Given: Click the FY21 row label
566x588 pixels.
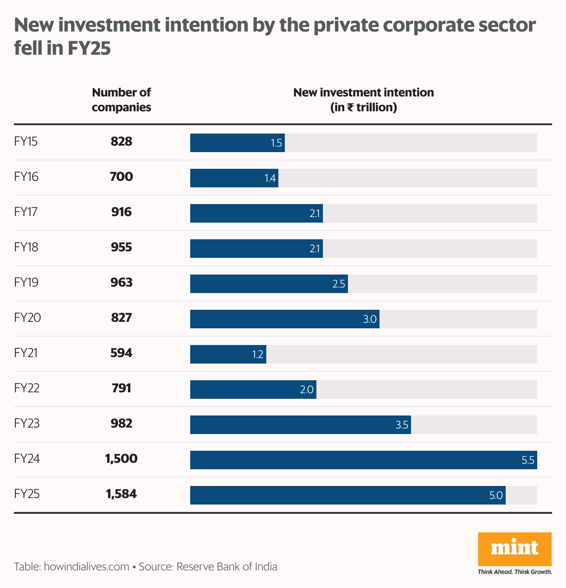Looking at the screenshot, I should [x=26, y=353].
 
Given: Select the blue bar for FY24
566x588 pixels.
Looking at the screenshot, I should [x=363, y=460].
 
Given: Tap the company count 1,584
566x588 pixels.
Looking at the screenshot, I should [x=122, y=494].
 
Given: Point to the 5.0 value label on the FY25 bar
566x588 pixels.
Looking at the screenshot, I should [x=495, y=495].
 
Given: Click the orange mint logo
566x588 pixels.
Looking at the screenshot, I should [x=515, y=549].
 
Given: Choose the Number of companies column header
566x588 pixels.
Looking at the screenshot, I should [x=122, y=100].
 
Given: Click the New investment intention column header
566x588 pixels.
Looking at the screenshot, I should [x=363, y=100].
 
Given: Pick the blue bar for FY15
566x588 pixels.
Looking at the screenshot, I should [x=237, y=142].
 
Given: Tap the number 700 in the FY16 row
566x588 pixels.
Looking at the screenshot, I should [x=122, y=177].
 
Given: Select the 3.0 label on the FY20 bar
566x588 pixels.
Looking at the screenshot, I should [x=369, y=319].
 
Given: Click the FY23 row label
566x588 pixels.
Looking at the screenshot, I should [x=27, y=423].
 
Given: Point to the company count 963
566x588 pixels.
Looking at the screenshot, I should [x=122, y=282].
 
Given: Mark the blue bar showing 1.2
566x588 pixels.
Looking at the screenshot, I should [x=228, y=354].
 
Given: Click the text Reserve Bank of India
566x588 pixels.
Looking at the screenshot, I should [x=226, y=567].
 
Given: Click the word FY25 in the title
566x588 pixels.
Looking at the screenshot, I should [x=89, y=48].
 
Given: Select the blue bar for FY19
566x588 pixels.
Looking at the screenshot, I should [x=269, y=283].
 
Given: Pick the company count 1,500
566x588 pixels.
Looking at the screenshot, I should [x=122, y=459].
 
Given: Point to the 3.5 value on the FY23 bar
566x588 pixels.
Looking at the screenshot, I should [x=402, y=425].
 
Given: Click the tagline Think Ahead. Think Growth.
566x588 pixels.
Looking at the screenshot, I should [x=515, y=572].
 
